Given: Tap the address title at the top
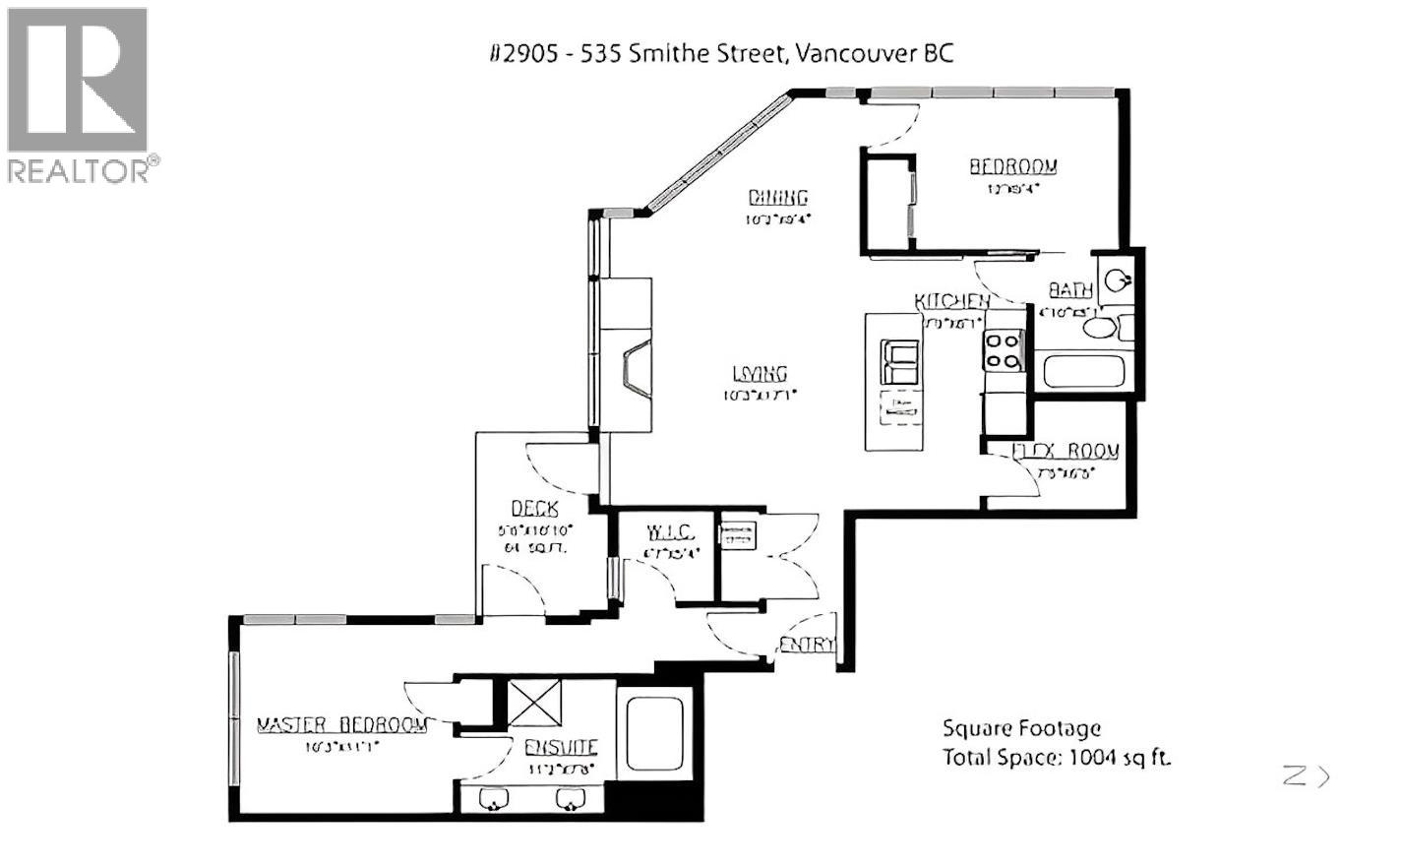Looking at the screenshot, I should (721, 53).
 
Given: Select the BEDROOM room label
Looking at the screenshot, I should (1012, 166).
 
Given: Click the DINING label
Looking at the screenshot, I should (777, 197).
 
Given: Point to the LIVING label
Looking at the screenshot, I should (760, 373).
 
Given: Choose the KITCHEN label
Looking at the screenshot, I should (950, 301).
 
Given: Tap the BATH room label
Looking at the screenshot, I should (1069, 290).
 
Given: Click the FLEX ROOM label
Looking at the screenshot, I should (1066, 452).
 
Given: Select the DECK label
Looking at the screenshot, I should (534, 509).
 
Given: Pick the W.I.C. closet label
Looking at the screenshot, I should (670, 533).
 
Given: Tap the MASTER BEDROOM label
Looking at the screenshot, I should (341, 725).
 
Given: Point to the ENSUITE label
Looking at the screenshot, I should (561, 747).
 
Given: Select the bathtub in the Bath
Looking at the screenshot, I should (1081, 373).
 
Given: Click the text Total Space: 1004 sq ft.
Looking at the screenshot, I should (1057, 758).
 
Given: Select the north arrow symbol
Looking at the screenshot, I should (1306, 776).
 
